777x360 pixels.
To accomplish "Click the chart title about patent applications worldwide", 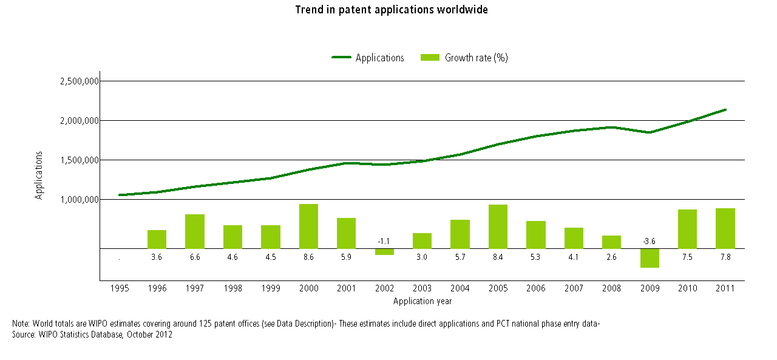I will (392, 10).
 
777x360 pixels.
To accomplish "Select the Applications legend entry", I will (379, 58).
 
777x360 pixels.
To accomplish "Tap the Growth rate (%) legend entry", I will (476, 58).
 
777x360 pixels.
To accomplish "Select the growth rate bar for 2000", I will (308, 226).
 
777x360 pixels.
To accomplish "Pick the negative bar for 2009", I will (650, 258).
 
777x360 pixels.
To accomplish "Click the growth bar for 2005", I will (498, 226).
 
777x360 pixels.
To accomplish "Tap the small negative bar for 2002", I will (384, 251).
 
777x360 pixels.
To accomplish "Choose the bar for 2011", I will (725, 228).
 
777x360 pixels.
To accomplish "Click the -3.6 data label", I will (649, 242).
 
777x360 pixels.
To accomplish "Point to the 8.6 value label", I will (308, 257).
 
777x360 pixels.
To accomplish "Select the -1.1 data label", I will (384, 242).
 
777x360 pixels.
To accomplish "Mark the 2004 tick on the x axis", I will (460, 288).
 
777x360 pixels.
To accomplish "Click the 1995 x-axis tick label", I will (120, 288).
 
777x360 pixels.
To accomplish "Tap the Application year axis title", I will (422, 301).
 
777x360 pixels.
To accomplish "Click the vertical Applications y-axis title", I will (39, 175).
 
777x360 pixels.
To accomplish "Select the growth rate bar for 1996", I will (157, 239).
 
